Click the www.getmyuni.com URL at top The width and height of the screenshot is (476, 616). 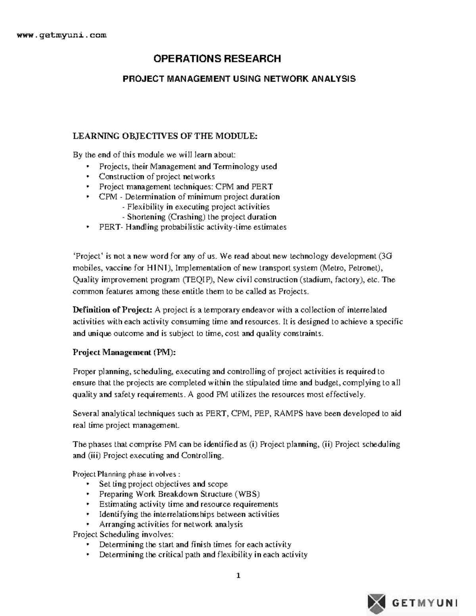point(61,35)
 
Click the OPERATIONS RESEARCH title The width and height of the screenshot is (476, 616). point(217,59)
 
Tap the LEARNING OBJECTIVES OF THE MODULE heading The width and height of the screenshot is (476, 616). point(165,136)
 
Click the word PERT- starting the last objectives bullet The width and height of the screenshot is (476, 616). point(111,227)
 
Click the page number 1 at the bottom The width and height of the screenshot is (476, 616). point(238,576)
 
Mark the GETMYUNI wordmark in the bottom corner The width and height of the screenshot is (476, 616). point(424,603)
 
